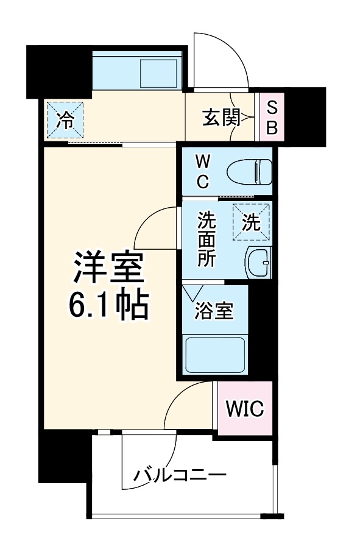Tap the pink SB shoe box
click(x=272, y=118)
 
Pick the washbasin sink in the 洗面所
click(x=258, y=262)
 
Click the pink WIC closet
click(x=245, y=409)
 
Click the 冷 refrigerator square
click(x=65, y=119)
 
